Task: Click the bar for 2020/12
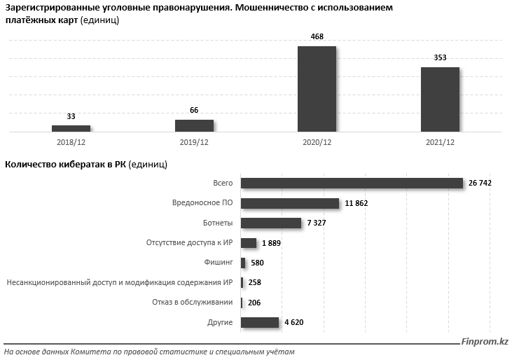coord(317,89)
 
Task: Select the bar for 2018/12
coord(71,128)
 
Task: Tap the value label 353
coord(440,57)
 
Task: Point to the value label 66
coord(194,110)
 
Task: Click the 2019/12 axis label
coord(194,142)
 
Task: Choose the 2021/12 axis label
coord(440,142)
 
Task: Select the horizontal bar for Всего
coord(352,183)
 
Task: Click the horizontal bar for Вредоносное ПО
coord(290,203)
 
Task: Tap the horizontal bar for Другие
coord(260,322)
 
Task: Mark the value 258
coord(255,283)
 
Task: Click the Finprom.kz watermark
coord(484,342)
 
